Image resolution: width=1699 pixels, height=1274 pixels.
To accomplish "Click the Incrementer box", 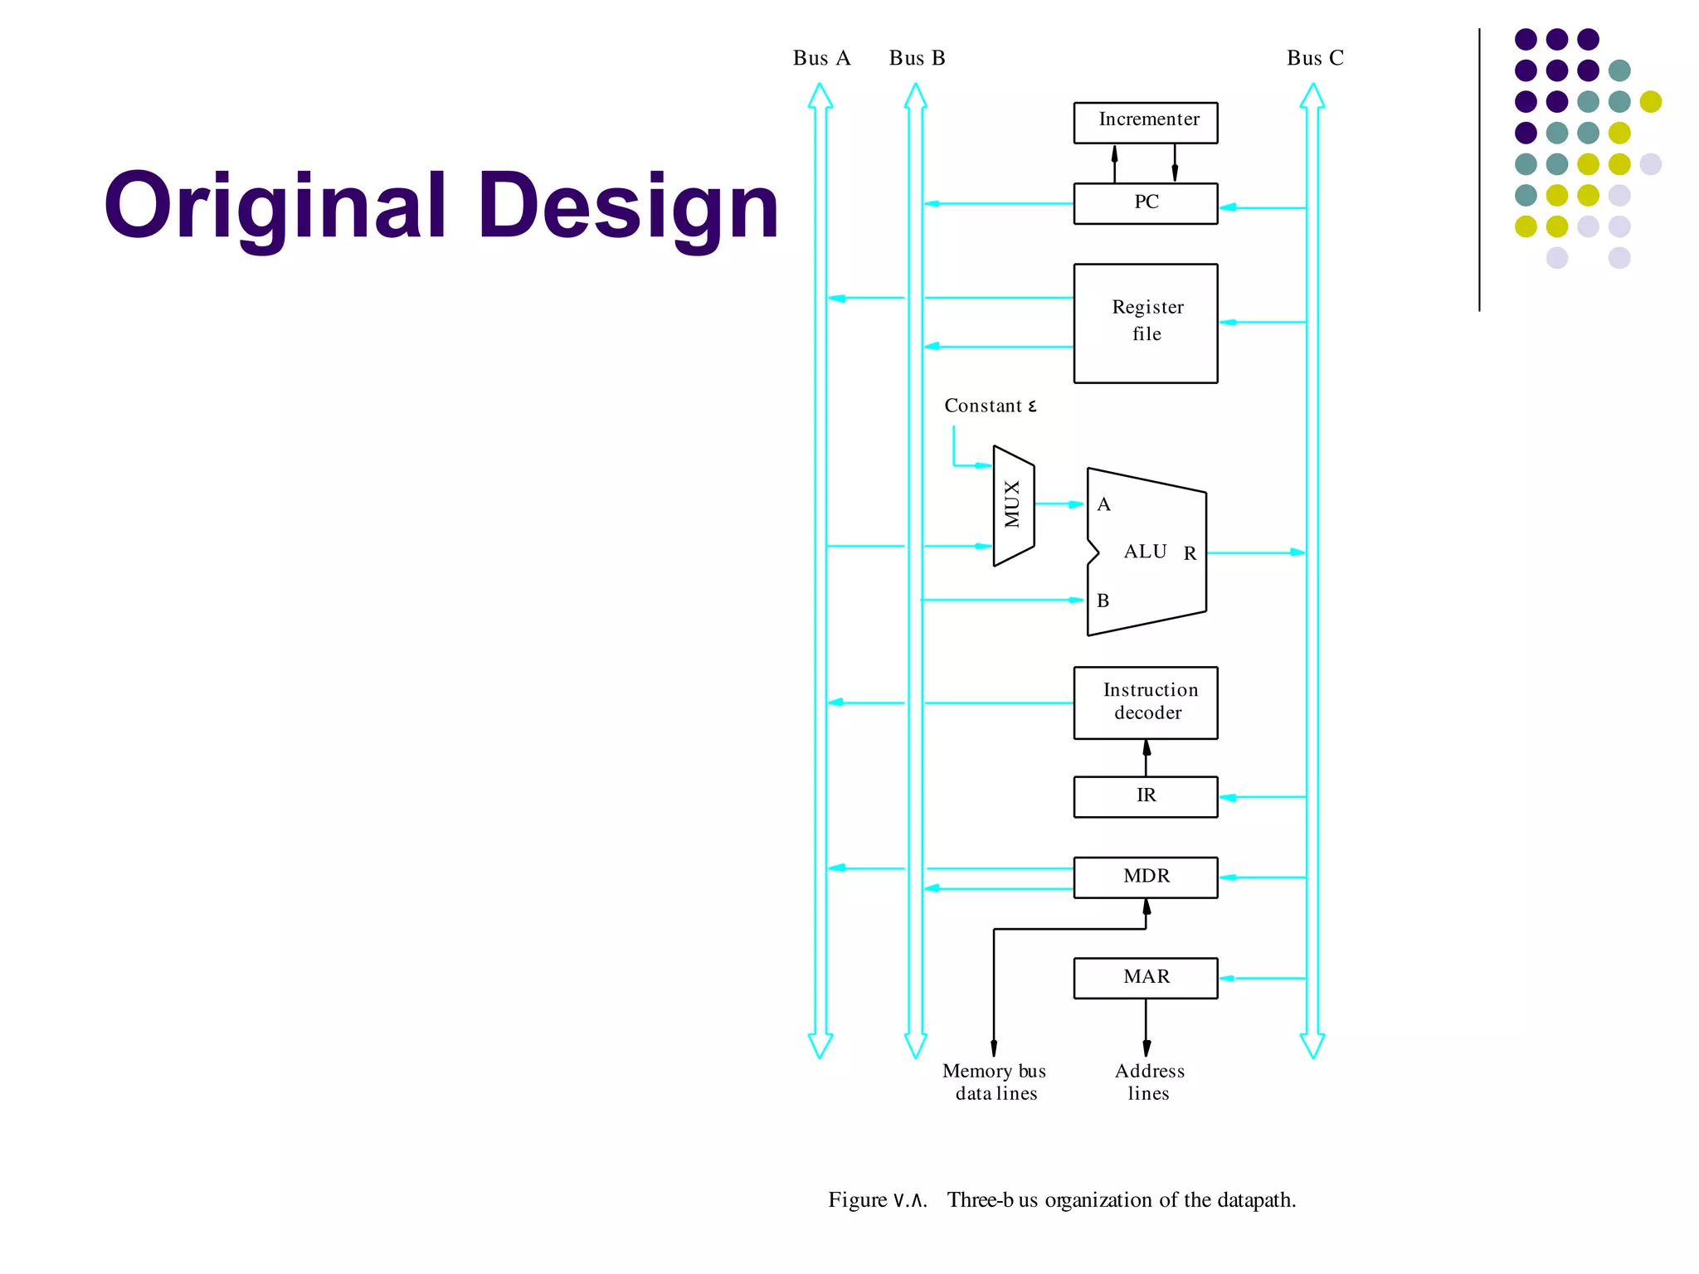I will click(1146, 122).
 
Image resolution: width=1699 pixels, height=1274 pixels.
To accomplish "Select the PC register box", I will click(1146, 203).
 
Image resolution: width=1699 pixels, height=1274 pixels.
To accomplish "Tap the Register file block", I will click(1146, 323).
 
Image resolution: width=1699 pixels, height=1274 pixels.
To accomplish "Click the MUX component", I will click(1013, 505).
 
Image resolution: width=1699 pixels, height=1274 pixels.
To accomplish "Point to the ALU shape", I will click(1146, 552).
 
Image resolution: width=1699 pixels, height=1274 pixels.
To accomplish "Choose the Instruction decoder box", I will click(1146, 703).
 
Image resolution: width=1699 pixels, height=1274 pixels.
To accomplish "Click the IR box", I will click(1146, 796).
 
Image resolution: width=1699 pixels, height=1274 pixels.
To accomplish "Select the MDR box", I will click(1146, 877).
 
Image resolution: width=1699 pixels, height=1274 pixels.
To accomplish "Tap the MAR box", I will click(1146, 977).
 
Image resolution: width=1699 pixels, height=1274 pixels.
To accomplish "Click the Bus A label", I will click(821, 58).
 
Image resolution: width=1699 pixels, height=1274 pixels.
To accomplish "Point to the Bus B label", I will click(917, 58).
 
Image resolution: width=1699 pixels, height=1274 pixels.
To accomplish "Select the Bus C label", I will click(1315, 58).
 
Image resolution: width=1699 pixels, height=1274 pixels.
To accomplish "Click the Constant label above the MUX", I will click(990, 406).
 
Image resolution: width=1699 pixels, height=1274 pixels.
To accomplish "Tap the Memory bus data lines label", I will click(995, 1082).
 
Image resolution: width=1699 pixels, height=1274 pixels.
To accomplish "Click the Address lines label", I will click(1149, 1082).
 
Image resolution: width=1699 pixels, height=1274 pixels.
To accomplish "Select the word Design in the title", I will click(628, 206).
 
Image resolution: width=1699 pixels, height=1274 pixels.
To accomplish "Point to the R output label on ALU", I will click(1190, 553).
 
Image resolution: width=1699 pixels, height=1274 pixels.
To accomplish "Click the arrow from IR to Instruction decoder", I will click(1146, 757).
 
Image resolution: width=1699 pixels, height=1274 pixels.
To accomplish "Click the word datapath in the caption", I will click(1255, 1200).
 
